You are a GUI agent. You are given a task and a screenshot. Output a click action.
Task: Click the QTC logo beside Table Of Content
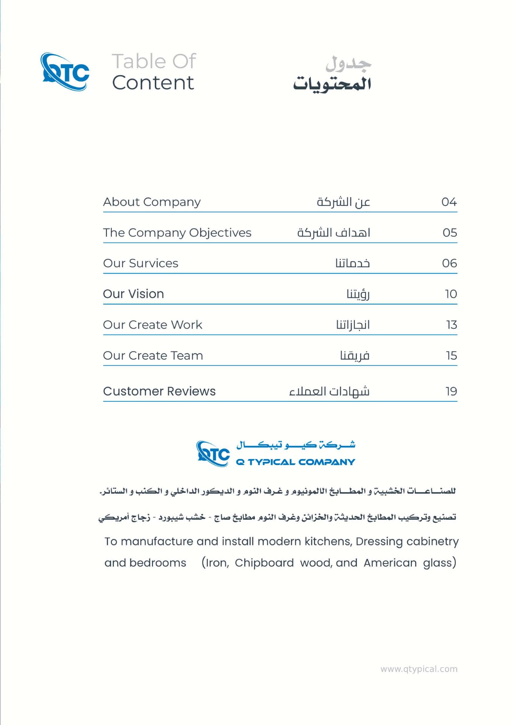click(65, 72)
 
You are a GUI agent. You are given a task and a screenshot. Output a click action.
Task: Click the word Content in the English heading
click(153, 83)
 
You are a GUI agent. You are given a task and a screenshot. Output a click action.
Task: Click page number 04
click(449, 202)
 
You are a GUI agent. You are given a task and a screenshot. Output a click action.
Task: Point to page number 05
click(450, 233)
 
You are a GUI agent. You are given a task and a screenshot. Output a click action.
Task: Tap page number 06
click(449, 263)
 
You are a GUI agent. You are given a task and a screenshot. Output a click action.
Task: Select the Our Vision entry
click(133, 294)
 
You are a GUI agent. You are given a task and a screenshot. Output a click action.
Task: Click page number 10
click(451, 294)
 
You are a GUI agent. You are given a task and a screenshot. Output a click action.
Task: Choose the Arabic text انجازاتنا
click(352, 325)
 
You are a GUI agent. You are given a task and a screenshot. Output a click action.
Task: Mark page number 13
click(451, 325)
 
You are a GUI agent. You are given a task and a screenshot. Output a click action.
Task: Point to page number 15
click(451, 356)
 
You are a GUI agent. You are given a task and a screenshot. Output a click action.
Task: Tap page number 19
click(451, 391)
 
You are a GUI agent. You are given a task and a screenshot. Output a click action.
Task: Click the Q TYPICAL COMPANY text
click(295, 462)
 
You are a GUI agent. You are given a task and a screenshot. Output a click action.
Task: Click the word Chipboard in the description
click(264, 563)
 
